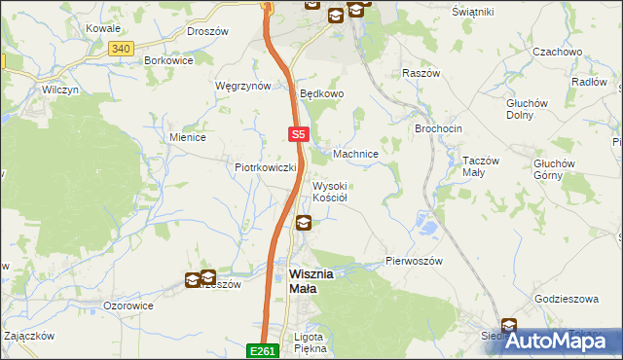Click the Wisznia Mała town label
click(311, 281)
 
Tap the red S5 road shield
click(299, 135)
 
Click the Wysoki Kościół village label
click(329, 192)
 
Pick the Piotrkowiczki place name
click(265, 167)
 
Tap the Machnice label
click(355, 154)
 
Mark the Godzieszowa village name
click(566, 299)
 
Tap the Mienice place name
click(187, 137)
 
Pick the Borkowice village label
click(168, 59)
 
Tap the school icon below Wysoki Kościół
click(305, 223)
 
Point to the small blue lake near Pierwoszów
click(426, 228)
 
